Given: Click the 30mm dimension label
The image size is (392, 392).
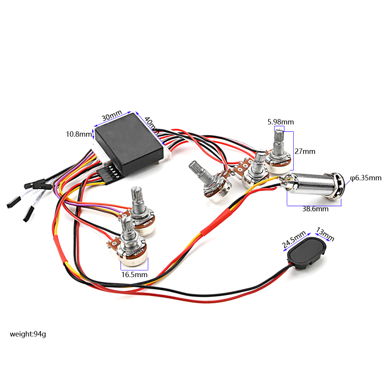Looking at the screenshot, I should [111, 116].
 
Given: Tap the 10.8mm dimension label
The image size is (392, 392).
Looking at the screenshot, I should [79, 134].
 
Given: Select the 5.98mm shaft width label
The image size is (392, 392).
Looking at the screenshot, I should [281, 122].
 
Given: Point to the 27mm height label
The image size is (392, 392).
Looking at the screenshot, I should [305, 152].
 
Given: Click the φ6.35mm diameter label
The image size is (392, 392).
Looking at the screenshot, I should [366, 178].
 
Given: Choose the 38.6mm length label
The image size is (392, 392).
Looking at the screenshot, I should [315, 209].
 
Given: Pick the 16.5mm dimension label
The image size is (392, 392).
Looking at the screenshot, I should [134, 274].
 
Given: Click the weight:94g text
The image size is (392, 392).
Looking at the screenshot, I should [28, 334].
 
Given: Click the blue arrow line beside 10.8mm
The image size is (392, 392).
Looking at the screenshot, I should [93, 134].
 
